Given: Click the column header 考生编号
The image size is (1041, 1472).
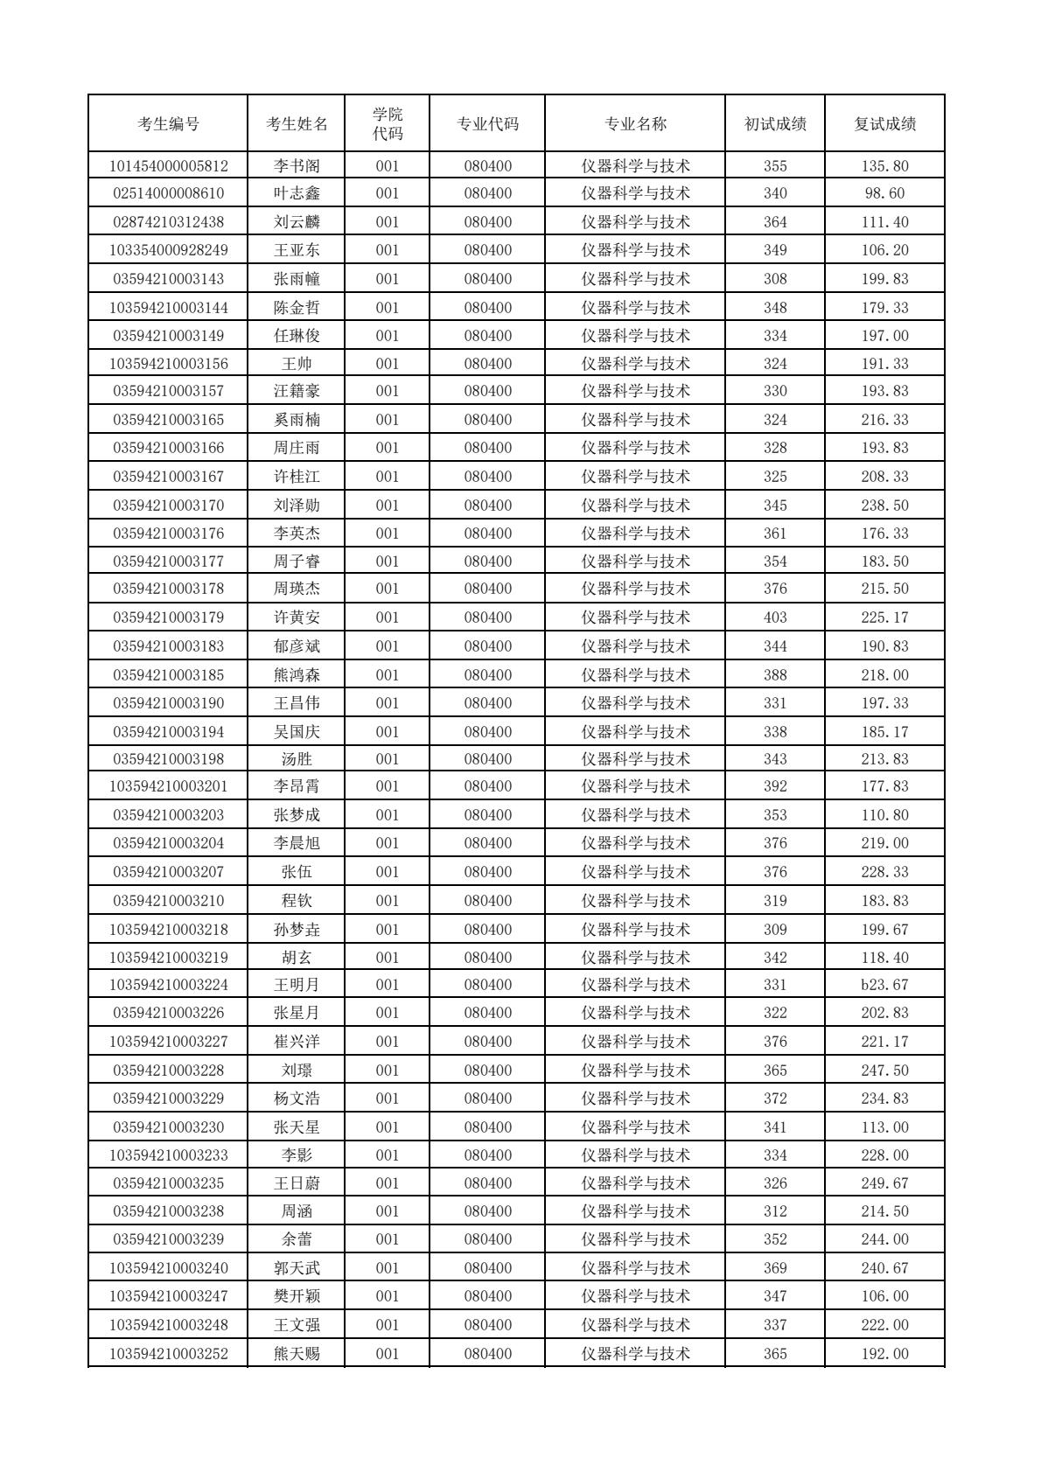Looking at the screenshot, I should tap(168, 124).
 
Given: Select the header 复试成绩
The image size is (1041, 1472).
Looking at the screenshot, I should tap(884, 124).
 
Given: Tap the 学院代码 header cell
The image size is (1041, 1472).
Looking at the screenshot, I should tap(388, 124).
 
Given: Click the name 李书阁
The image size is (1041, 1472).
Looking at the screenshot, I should tap(297, 166).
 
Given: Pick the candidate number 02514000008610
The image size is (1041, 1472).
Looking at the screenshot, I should tap(168, 193).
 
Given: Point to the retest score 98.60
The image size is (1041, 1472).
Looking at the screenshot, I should tap(884, 193).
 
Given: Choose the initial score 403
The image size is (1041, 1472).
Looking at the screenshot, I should tap(775, 617).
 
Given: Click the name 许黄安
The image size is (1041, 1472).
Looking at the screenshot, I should tap(297, 617).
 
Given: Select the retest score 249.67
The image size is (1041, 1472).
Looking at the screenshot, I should tap(884, 1183).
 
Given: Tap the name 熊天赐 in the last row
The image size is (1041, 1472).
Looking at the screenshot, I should tap(297, 1354).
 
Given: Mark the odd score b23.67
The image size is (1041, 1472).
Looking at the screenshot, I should tap(884, 985).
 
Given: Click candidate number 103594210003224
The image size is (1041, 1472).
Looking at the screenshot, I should tap(168, 985).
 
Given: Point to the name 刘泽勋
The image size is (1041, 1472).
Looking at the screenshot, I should tap(297, 506).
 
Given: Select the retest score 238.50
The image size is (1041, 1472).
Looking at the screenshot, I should tap(884, 506).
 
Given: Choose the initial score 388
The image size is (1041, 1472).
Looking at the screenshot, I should tap(775, 675).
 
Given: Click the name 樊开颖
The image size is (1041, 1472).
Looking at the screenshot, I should tap(297, 1296).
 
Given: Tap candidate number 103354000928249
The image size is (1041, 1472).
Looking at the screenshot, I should tap(168, 250).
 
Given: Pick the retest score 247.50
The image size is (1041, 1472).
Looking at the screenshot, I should tap(884, 1071).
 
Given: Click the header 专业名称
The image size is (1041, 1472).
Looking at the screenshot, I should tap(636, 124).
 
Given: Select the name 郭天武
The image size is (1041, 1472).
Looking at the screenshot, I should tap(297, 1268).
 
